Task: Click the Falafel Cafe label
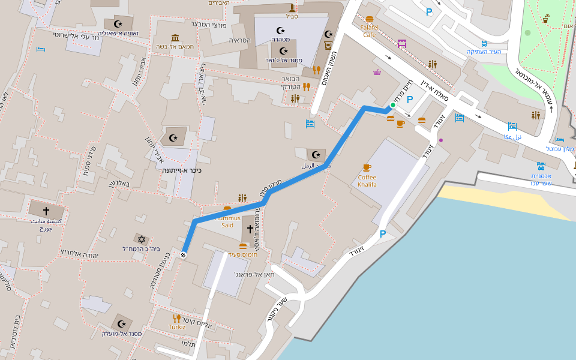[x=369, y=31]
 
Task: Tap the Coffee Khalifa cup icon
[x=367, y=167]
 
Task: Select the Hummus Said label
[x=227, y=222]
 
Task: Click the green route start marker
[x=393, y=106]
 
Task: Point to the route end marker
[x=184, y=256]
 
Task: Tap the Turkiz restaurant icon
[x=176, y=318]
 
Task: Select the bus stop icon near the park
[x=484, y=44]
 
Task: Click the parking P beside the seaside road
[x=382, y=234]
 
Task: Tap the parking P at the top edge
[x=428, y=11]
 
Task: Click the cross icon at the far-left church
[x=46, y=211]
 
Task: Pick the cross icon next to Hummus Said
[x=250, y=229]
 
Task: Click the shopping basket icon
[x=377, y=73]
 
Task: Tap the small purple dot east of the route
[x=441, y=140]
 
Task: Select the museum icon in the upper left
[x=175, y=38]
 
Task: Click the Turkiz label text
[x=176, y=328]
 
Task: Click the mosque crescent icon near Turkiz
[x=122, y=323]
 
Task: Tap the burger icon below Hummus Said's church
[x=243, y=246]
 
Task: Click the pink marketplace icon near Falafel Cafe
[x=402, y=44]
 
